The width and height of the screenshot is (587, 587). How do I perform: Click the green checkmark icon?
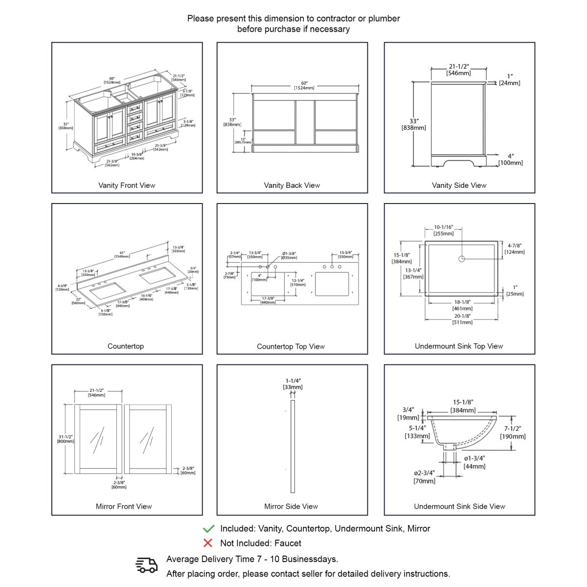point(208,529)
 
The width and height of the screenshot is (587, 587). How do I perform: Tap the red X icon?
point(208,543)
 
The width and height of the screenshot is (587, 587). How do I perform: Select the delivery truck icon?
point(146,565)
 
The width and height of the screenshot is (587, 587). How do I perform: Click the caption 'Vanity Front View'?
point(127,185)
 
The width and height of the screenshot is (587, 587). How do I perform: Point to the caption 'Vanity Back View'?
point(292,185)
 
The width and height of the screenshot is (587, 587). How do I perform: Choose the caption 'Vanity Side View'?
point(459,185)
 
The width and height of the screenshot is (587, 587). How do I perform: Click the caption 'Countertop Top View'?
point(291,346)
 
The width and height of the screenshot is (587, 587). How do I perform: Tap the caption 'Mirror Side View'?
point(291,506)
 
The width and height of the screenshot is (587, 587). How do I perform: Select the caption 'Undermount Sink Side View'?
point(459,506)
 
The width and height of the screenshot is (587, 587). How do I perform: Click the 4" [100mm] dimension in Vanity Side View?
point(510,159)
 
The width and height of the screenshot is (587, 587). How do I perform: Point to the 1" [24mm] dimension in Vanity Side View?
point(510,80)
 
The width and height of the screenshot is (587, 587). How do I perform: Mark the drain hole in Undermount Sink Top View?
point(461,259)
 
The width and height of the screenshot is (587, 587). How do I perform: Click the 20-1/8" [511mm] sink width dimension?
point(462,319)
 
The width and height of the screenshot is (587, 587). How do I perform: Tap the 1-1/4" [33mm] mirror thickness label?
point(293,384)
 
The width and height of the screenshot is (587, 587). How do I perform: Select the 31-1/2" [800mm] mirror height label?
point(66,439)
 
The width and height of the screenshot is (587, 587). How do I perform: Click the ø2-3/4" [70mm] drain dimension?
point(424,477)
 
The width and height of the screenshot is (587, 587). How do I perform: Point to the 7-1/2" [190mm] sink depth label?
point(513,432)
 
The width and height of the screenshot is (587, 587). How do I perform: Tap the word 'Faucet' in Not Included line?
point(288,543)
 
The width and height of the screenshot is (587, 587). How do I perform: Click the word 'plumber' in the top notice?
point(384,19)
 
